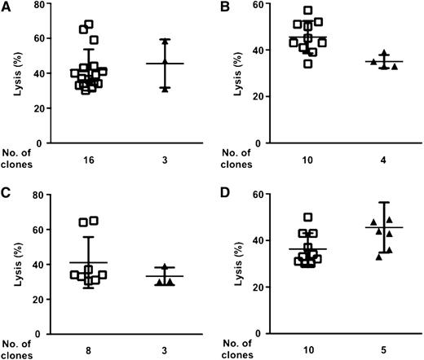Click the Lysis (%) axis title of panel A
[x=17, y=73]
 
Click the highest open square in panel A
[x=89, y=24]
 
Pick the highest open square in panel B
[x=308, y=11]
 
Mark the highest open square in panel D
[x=307, y=217]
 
